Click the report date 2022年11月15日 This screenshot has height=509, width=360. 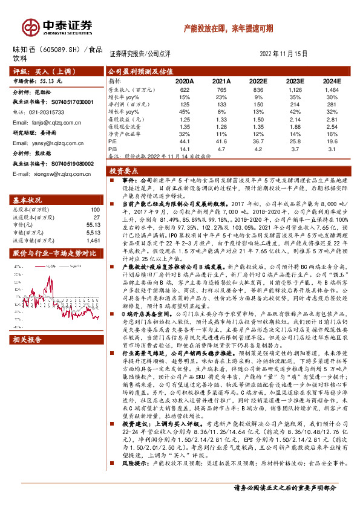[x=287, y=53]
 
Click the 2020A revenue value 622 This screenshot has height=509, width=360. [x=185, y=89]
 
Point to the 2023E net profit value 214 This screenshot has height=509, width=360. [x=295, y=106]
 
